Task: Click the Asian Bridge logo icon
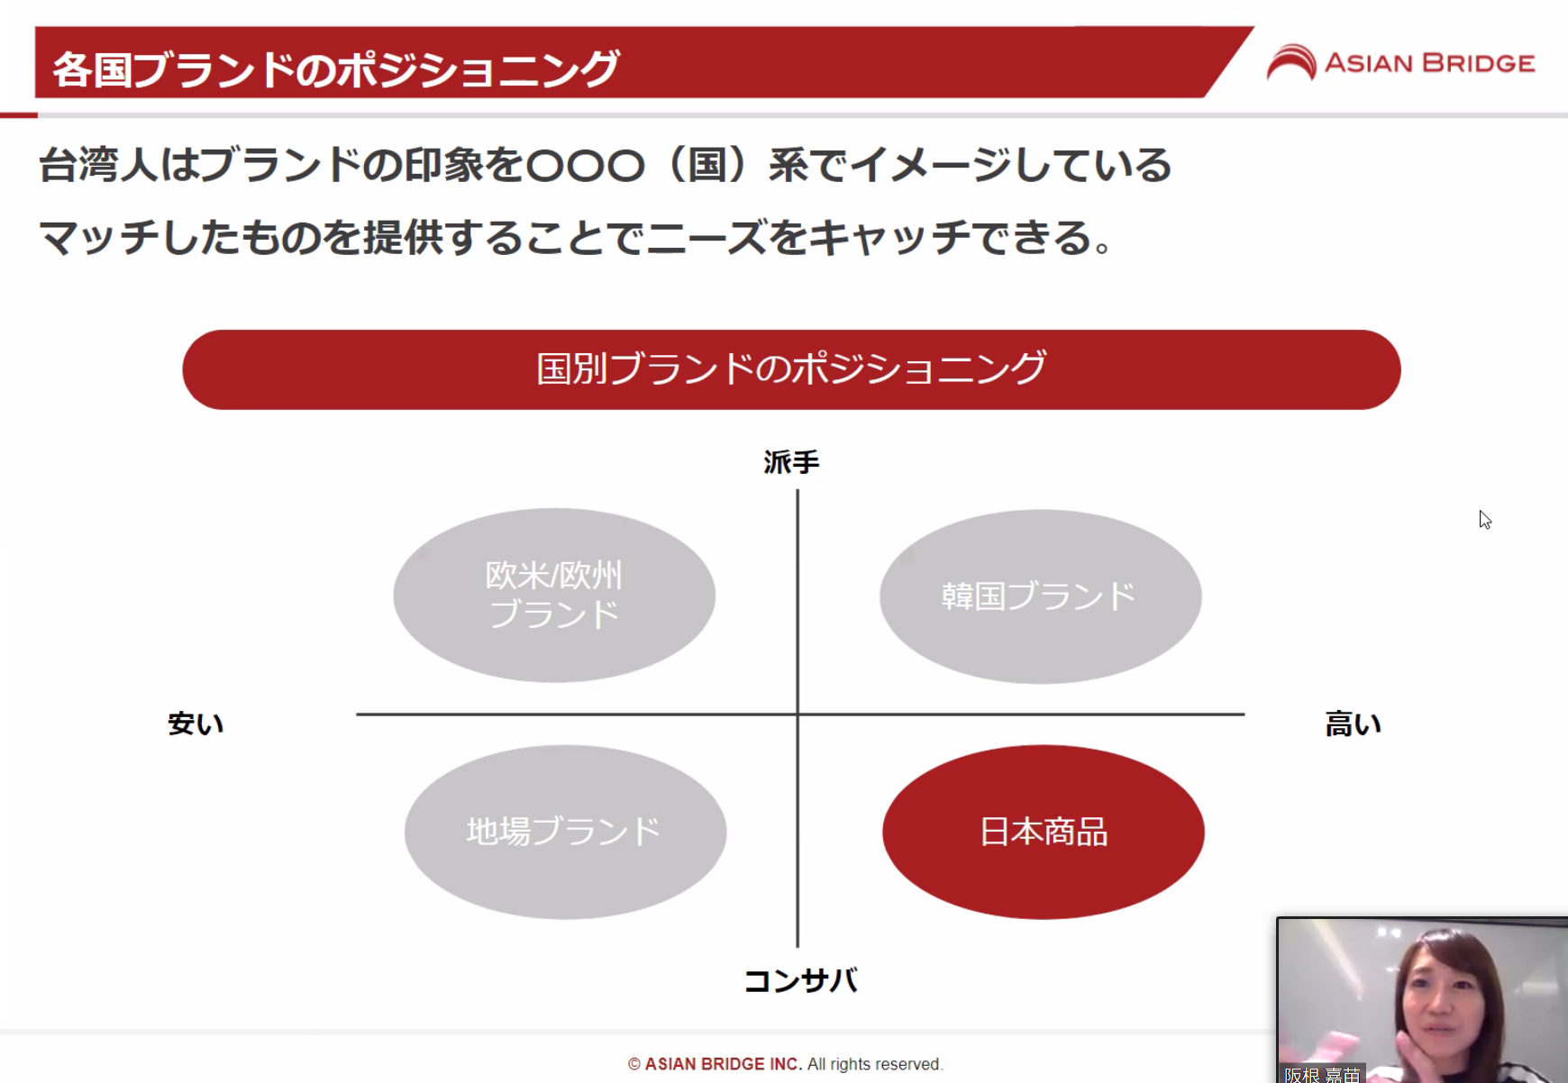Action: tap(1291, 62)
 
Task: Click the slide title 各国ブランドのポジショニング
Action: tap(336, 69)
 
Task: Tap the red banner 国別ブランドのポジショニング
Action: tap(791, 369)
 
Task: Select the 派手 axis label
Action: tap(791, 462)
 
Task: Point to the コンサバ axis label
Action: tap(801, 980)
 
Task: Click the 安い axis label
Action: tap(196, 724)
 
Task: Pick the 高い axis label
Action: tap(1353, 724)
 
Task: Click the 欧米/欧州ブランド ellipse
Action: tap(554, 595)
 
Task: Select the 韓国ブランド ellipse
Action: tap(1040, 596)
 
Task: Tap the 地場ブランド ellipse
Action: tap(565, 832)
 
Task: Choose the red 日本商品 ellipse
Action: tap(1044, 832)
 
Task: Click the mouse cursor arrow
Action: tap(1484, 519)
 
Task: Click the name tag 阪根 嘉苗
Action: tap(1322, 1074)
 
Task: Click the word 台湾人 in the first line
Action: tap(98, 165)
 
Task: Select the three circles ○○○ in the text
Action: tap(586, 166)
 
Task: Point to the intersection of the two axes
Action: tap(798, 714)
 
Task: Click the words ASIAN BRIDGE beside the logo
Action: tap(1429, 63)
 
